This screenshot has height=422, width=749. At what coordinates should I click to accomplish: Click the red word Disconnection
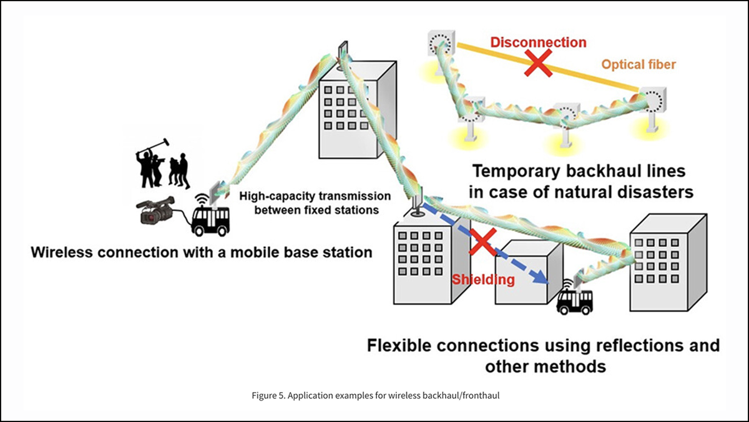[x=538, y=43]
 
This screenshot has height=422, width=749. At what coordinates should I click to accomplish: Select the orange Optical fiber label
[x=639, y=64]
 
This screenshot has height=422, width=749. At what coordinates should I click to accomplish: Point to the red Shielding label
[x=484, y=279]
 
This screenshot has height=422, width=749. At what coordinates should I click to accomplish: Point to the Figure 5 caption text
[x=374, y=396]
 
